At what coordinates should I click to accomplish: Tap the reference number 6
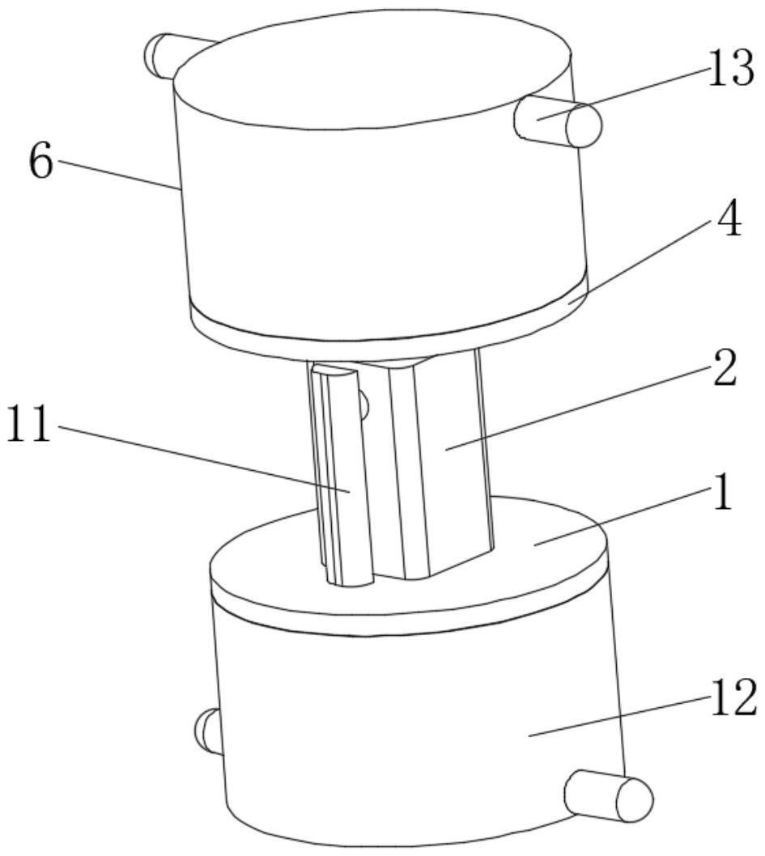40,163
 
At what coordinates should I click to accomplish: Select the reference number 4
729,221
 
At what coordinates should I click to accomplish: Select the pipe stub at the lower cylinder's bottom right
610,797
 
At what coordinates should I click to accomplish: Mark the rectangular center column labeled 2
441,469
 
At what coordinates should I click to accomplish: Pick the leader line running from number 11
202,457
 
